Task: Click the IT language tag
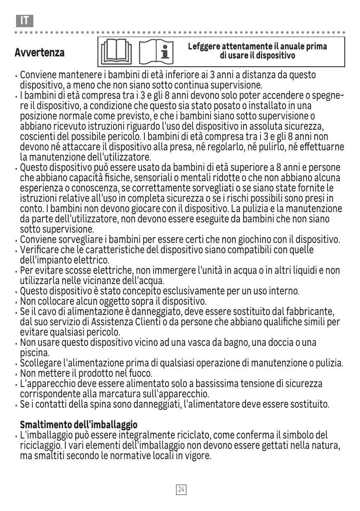25,21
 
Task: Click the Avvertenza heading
39,53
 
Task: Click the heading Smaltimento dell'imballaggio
79,425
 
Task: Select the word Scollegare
40,363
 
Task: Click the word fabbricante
309,311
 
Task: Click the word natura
327,446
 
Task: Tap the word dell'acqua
144,281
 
